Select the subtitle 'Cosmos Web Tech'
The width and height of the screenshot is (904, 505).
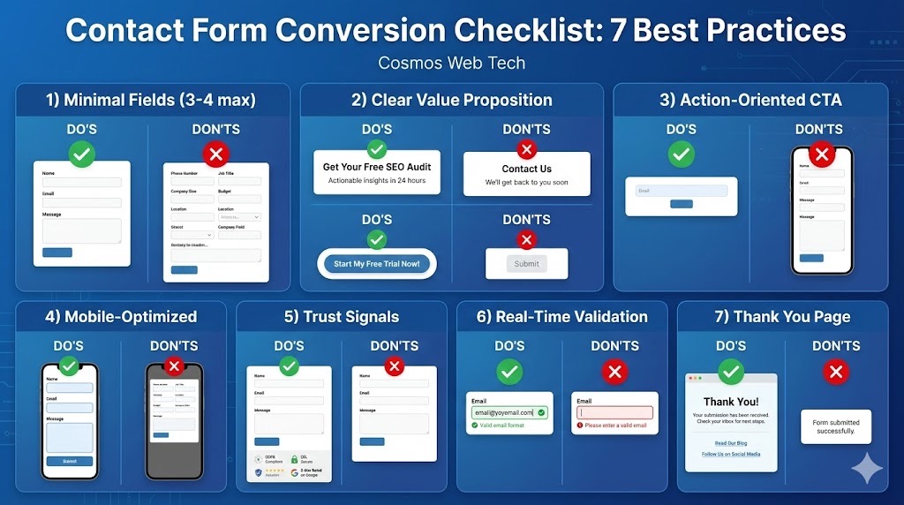(x=451, y=64)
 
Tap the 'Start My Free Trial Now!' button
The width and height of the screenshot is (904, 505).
(x=377, y=264)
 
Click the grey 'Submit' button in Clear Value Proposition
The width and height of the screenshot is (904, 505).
(x=526, y=264)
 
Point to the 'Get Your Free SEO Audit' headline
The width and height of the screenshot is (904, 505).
(x=377, y=167)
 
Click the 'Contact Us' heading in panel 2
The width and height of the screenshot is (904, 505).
(x=526, y=169)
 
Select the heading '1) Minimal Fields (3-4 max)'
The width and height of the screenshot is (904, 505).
(x=151, y=100)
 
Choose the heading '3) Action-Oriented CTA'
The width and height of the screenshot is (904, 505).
(x=750, y=100)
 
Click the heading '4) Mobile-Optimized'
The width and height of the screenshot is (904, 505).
(x=121, y=317)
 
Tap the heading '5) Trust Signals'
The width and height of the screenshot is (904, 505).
(x=341, y=317)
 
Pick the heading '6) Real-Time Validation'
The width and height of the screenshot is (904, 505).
(x=561, y=317)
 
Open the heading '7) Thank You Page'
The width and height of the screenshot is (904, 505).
(x=782, y=317)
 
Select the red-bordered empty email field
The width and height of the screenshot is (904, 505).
(x=614, y=412)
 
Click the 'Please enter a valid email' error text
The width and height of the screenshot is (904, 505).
(x=615, y=426)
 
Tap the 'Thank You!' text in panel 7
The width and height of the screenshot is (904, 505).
(x=731, y=402)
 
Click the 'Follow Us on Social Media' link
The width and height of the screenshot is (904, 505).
(x=731, y=455)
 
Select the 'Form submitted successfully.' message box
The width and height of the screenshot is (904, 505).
(x=835, y=426)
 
